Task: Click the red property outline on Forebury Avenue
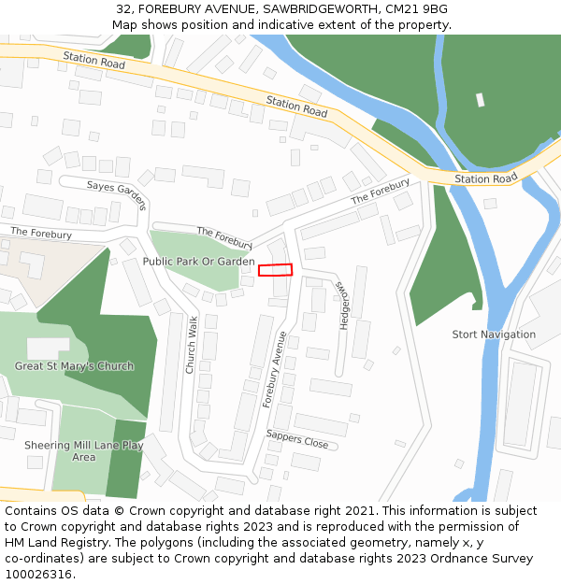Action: [276, 270]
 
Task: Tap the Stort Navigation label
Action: [494, 335]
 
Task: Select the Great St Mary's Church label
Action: [74, 366]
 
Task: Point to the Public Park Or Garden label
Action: [198, 262]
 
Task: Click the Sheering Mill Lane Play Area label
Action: [84, 451]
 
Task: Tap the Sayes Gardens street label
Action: [118, 193]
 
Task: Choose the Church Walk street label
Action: [191, 345]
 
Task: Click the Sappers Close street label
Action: [297, 439]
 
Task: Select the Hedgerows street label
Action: [343, 306]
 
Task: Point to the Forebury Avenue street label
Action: [274, 369]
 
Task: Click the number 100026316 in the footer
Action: [38, 574]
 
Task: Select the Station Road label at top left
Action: [93, 59]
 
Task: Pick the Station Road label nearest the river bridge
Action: [485, 178]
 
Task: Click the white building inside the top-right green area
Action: [480, 100]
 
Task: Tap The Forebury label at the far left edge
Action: [41, 231]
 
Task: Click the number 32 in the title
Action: [124, 9]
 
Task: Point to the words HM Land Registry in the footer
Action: [50, 542]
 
